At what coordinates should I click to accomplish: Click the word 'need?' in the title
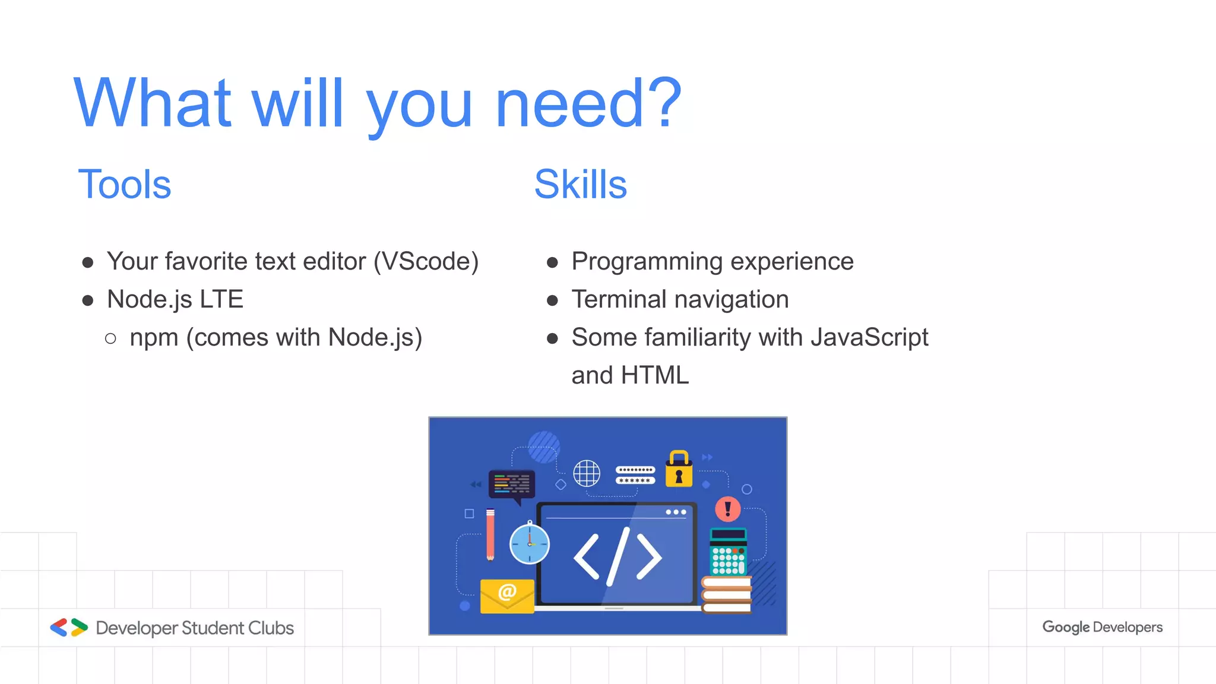tap(588, 104)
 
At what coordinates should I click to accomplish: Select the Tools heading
tap(125, 185)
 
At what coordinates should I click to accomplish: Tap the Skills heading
tap(580, 185)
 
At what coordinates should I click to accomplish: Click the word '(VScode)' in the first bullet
tap(426, 262)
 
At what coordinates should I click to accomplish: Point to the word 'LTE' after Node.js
tap(221, 299)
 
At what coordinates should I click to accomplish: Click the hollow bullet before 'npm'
tap(110, 339)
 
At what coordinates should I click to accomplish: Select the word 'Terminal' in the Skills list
tap(619, 299)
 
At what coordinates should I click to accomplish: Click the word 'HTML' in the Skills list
tap(654, 375)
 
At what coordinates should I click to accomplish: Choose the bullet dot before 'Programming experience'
tap(552, 262)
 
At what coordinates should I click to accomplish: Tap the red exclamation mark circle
tap(727, 509)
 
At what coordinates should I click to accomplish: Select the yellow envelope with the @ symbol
tap(506, 596)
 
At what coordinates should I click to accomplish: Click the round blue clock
tap(529, 544)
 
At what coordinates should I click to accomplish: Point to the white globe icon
tap(587, 473)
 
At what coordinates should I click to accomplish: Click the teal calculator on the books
tap(728, 552)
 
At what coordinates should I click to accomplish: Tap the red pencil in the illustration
tap(490, 534)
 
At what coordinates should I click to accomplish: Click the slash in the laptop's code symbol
tap(617, 556)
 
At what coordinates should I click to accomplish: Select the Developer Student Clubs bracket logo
tap(69, 628)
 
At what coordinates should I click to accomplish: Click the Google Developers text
tap(1102, 628)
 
